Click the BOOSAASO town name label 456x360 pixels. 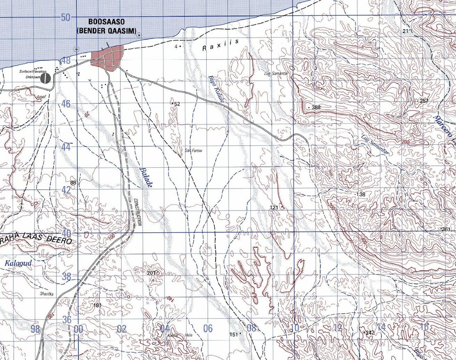point(110,22)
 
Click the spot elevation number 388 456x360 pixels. point(316,108)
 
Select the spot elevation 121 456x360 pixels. point(274,208)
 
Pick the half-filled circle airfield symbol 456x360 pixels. point(46,78)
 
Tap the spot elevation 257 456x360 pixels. point(424,101)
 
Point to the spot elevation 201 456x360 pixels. point(151,273)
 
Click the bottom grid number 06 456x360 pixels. point(208,328)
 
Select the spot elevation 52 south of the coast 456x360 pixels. point(177,104)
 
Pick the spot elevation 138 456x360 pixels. point(361,195)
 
